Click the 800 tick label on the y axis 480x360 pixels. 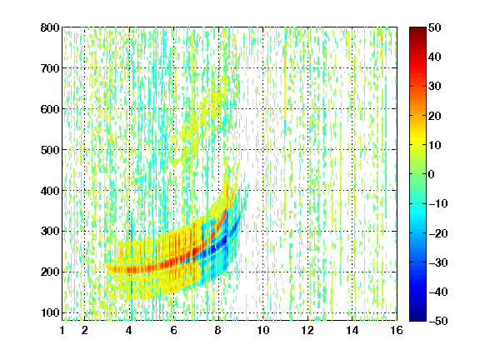coord(50,27)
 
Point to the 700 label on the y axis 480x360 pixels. coord(50,68)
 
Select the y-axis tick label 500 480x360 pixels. coord(50,150)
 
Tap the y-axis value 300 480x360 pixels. coord(50,232)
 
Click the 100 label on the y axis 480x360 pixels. coord(50,312)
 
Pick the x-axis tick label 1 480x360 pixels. coord(62,330)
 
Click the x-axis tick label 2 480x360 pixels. coord(85,330)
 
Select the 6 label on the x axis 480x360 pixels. coord(174,330)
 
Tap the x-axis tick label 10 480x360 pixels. coord(263,330)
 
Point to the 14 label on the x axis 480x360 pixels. coord(352,330)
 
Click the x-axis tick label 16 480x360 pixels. coord(397,330)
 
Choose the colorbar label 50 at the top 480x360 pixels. coord(435,27)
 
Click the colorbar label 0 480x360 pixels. coord(432,174)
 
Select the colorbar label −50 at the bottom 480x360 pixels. coord(438,321)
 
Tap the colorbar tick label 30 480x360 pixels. coord(435,87)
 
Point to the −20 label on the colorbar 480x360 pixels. coord(438,233)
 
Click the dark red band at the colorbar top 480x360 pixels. coord(417,33)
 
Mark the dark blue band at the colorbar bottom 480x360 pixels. coord(417,314)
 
